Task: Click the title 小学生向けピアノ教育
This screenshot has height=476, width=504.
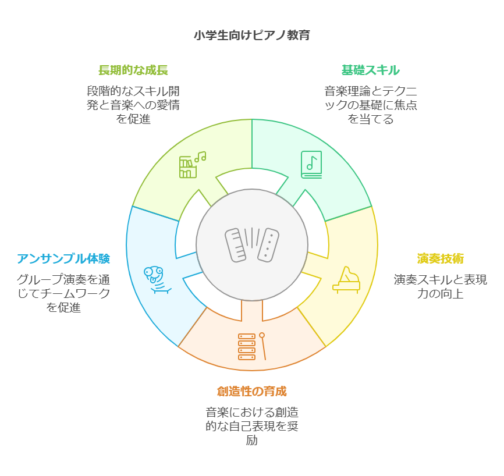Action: point(251,35)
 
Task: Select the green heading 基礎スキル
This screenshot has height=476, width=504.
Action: point(370,70)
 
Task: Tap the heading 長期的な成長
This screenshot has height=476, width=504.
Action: point(133,70)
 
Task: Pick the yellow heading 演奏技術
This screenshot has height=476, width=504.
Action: point(440,259)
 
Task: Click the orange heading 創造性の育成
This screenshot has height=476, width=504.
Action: point(251,390)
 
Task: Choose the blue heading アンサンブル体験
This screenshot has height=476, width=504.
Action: point(63,258)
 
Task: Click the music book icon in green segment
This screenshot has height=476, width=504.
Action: point(311,164)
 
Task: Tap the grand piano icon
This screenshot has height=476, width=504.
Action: point(346,279)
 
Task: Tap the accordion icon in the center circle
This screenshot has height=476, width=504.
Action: point(252,245)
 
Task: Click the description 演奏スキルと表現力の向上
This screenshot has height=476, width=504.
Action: point(440,286)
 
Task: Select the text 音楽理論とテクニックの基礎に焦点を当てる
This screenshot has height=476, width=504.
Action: point(370,105)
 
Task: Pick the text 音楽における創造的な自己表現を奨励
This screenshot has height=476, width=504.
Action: point(251,426)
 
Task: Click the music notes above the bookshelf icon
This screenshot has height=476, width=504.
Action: point(200,157)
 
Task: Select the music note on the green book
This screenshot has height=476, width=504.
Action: point(312,162)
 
